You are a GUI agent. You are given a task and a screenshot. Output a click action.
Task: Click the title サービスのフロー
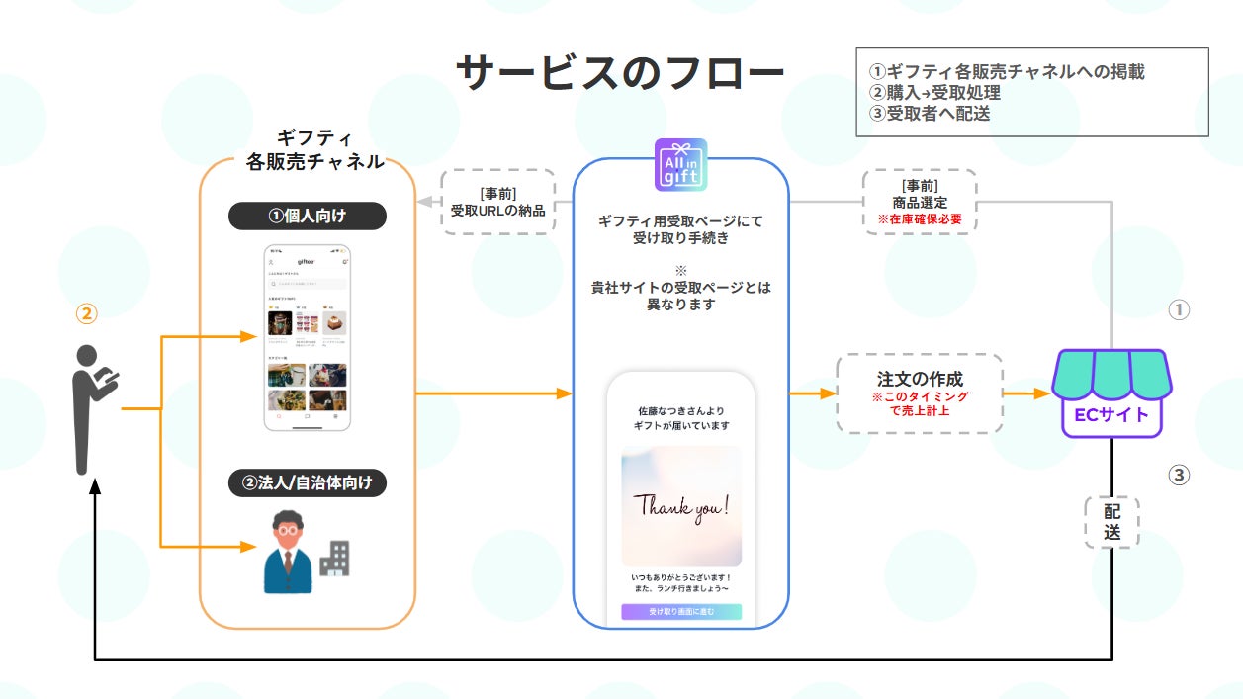[x=619, y=74]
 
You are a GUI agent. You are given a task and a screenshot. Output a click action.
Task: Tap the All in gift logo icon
[x=680, y=164]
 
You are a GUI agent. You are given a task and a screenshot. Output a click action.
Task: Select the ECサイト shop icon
[x=1110, y=392]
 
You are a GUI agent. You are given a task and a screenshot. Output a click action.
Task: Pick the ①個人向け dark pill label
[x=308, y=216]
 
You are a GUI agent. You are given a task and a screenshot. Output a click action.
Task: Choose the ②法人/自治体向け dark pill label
[x=308, y=483]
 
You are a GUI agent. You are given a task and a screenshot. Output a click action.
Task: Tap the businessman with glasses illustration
[x=288, y=552]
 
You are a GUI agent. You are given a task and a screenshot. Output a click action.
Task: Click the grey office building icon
[x=334, y=559]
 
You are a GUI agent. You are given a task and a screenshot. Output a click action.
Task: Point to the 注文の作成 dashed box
[x=920, y=393]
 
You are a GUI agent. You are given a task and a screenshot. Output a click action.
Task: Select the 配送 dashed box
[x=1111, y=521]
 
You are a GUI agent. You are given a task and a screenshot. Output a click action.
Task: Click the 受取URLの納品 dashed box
[x=497, y=202]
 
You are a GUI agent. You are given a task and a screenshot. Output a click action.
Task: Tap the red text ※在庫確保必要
[x=920, y=218]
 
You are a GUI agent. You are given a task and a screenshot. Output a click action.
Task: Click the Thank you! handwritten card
[x=681, y=505]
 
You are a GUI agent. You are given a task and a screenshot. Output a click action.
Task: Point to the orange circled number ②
[x=87, y=313]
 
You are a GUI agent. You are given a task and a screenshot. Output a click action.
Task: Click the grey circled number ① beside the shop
[x=1178, y=309]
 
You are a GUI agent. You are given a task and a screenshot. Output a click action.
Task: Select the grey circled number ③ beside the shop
[x=1178, y=475]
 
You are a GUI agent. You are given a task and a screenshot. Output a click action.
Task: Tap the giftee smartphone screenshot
[x=308, y=337]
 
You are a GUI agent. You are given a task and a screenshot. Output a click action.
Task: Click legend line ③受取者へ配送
[x=930, y=113]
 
